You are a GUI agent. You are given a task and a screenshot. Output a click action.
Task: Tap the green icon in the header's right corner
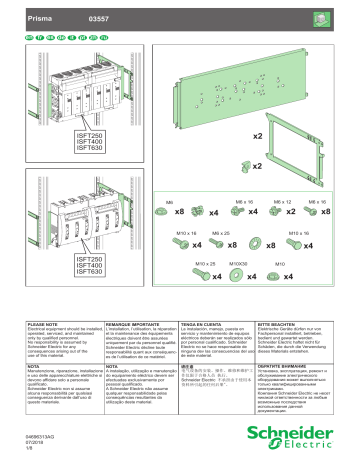(x=340, y=17)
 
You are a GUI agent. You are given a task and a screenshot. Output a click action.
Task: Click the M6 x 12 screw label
(x=278, y=201)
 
